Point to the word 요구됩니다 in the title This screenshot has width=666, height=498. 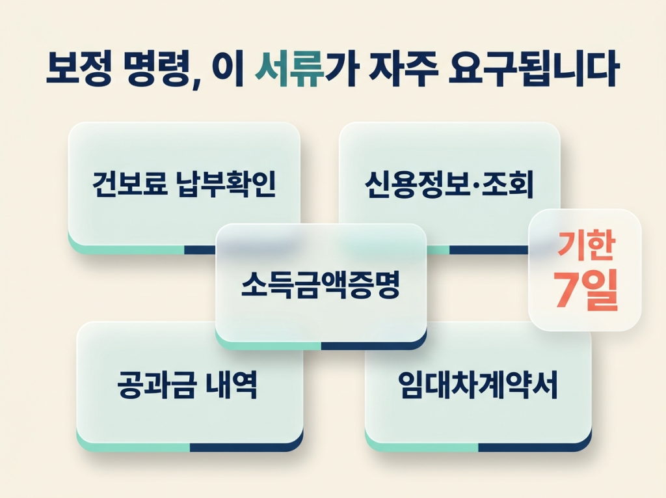[x=533, y=70]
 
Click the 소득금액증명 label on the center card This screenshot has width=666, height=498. [x=321, y=285]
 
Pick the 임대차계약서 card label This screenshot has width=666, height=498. [x=478, y=385]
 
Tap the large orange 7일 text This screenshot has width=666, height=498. [x=585, y=292]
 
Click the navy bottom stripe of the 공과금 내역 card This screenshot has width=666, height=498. [x=246, y=447]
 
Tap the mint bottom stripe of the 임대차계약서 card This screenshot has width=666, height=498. [x=423, y=447]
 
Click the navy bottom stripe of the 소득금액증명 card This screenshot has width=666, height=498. [x=373, y=345]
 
